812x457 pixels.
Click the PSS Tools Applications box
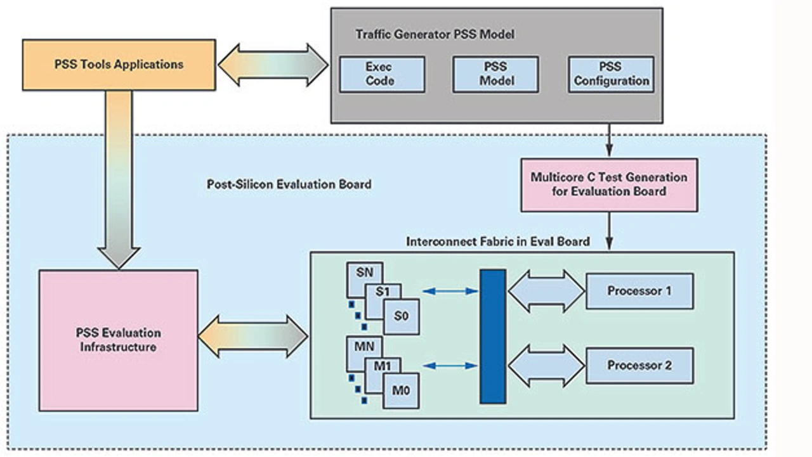(x=119, y=65)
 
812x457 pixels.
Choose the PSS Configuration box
(x=611, y=74)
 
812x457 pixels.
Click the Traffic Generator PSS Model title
(x=435, y=35)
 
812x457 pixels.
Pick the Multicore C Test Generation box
(x=609, y=184)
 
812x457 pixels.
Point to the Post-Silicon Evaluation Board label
(x=289, y=184)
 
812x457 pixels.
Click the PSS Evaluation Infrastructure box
(x=118, y=340)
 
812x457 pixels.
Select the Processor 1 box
(x=639, y=292)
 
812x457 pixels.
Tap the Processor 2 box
(x=639, y=365)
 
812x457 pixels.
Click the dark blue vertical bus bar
(x=493, y=336)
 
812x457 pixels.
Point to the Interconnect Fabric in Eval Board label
(x=498, y=241)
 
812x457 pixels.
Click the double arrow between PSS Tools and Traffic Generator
(x=273, y=65)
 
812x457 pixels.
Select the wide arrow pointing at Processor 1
(x=546, y=292)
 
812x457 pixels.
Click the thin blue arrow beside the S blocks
(x=450, y=292)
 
